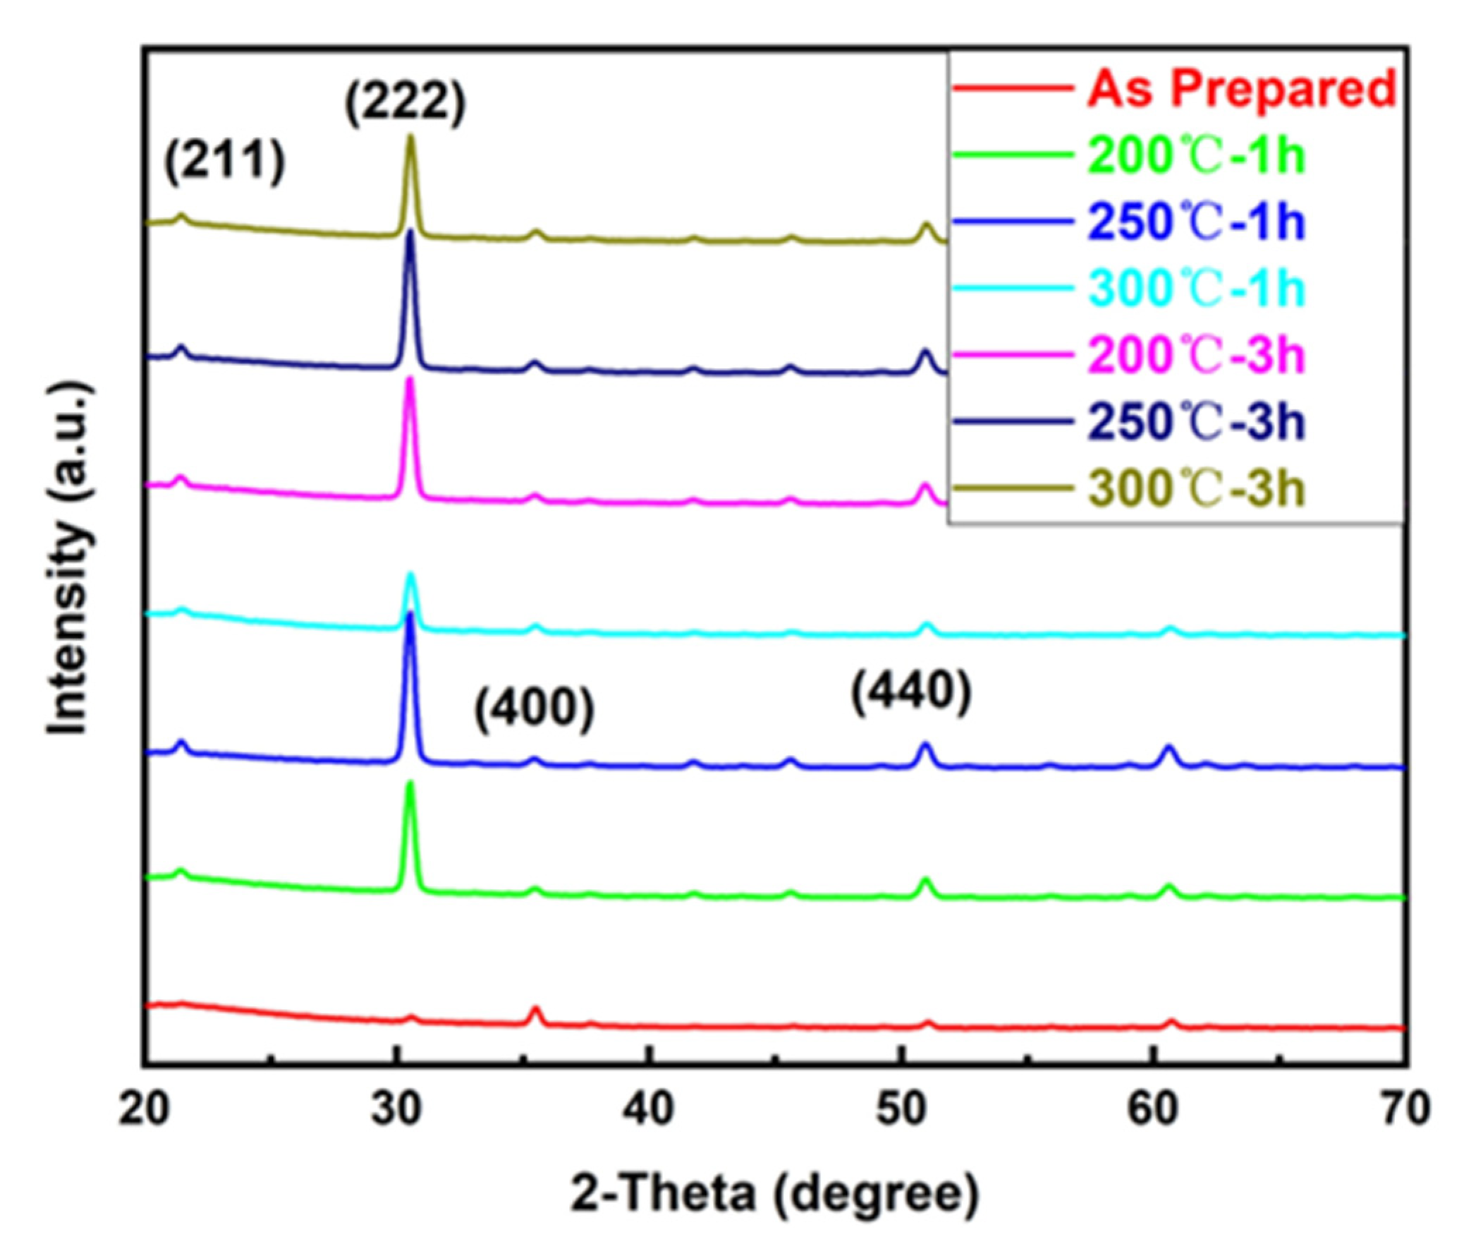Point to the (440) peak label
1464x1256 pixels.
(x=910, y=694)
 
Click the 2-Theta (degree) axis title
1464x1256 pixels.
(x=775, y=1195)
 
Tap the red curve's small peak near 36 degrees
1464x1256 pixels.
(x=535, y=1010)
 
